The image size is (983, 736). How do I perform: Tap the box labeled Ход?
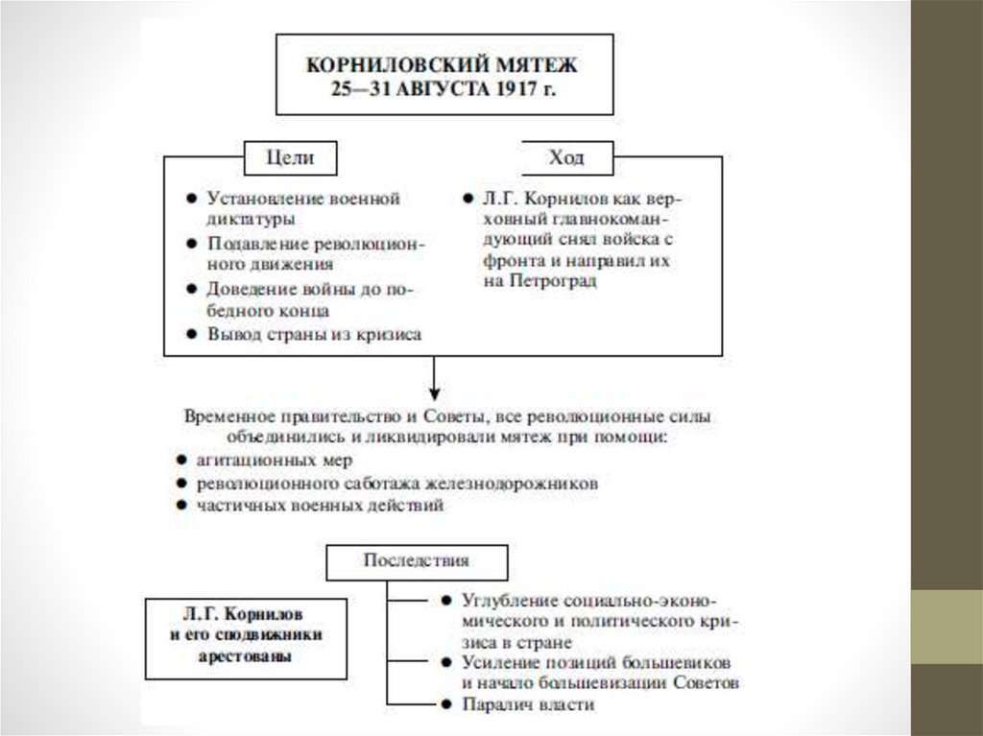(x=566, y=157)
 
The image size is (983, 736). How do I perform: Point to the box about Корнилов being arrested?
(x=246, y=633)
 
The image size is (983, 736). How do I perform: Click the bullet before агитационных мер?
(x=180, y=461)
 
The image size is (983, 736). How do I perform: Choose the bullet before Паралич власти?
(x=447, y=705)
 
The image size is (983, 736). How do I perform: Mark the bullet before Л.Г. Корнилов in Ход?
(x=467, y=199)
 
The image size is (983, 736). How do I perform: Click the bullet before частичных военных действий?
(x=180, y=505)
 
